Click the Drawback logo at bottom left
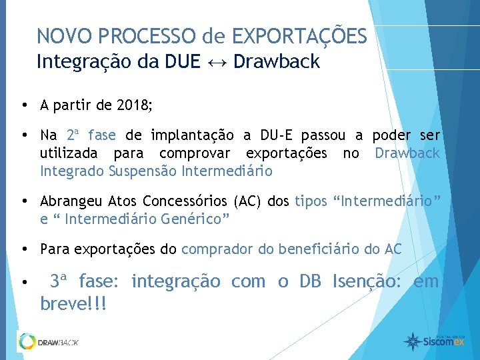point(48,342)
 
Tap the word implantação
point(190,136)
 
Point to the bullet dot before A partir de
point(23,105)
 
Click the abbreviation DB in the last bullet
point(310,282)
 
